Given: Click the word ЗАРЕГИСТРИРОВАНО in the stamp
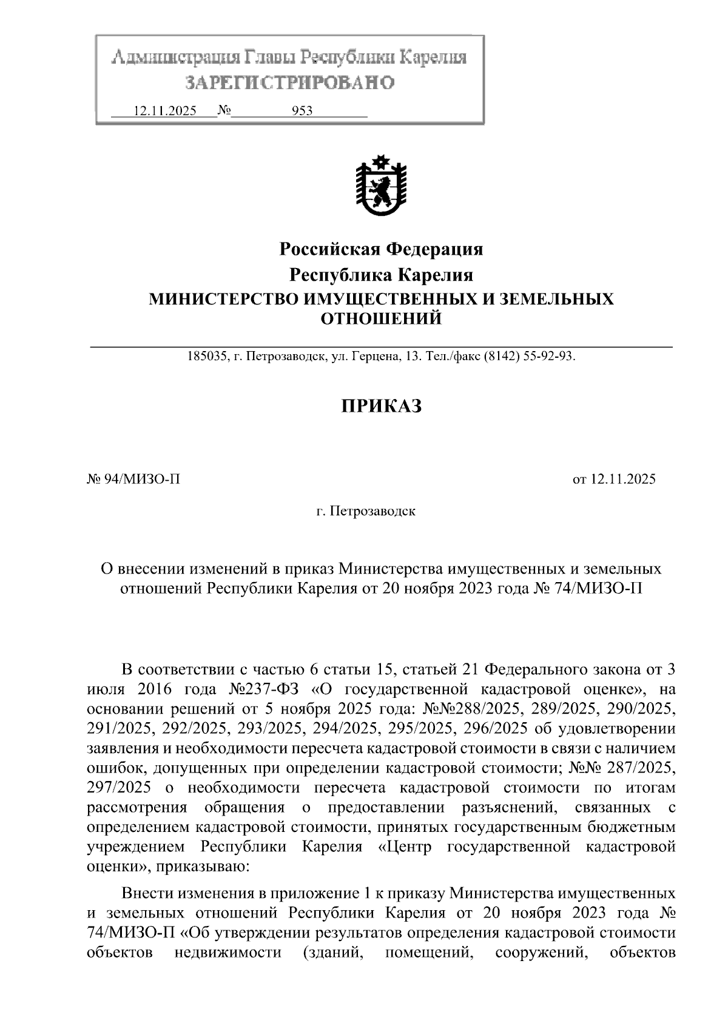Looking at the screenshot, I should click(x=289, y=82).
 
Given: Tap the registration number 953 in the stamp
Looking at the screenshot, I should click(x=302, y=111).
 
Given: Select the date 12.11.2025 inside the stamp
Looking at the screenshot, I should click(x=164, y=111).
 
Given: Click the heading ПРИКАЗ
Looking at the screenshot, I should click(x=380, y=406).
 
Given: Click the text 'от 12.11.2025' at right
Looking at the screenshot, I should click(x=614, y=480).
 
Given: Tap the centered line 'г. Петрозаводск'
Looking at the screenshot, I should click(x=366, y=511).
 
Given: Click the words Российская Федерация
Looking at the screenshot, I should click(x=380, y=249).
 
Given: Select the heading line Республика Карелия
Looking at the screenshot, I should click(x=380, y=275).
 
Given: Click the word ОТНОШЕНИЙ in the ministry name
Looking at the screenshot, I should click(x=380, y=318).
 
